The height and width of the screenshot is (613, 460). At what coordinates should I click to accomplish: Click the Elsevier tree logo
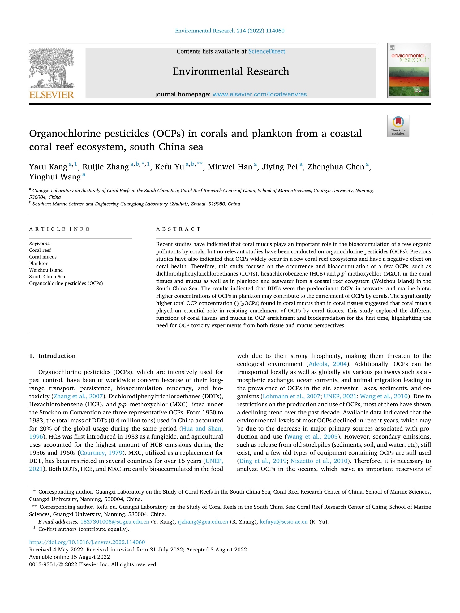pos(51,68)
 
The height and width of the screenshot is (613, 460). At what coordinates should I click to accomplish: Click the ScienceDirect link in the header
pos(267,51)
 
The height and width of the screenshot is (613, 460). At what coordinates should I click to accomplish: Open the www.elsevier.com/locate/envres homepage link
pos(260,94)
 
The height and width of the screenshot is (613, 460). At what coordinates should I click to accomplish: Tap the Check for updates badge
pos(398,126)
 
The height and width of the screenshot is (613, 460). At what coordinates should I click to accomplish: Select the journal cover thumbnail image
pos(409,71)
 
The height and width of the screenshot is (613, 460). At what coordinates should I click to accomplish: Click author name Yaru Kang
pos(48,167)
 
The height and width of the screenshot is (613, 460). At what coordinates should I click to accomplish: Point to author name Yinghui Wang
pos(55,177)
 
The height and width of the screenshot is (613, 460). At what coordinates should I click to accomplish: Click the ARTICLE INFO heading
pos(59,229)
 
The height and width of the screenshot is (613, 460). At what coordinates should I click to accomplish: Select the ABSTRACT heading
pos(178,229)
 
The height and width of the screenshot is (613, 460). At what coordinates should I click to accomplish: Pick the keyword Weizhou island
pos(46,270)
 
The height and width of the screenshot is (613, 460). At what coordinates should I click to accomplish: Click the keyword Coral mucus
pos(43,257)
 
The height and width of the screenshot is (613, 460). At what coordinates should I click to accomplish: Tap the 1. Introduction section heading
pos(52,356)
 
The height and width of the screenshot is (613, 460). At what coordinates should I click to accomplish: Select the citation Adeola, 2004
pos(328,364)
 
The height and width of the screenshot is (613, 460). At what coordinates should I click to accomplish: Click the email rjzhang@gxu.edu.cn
pos(203,522)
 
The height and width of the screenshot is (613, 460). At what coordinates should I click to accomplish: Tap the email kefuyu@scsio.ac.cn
pos(284,522)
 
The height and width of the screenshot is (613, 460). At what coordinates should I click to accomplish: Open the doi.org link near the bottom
pos(87,542)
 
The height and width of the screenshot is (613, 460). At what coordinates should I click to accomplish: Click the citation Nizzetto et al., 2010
pos(319,461)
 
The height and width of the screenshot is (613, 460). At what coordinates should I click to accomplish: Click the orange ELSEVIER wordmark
pos(52,95)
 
